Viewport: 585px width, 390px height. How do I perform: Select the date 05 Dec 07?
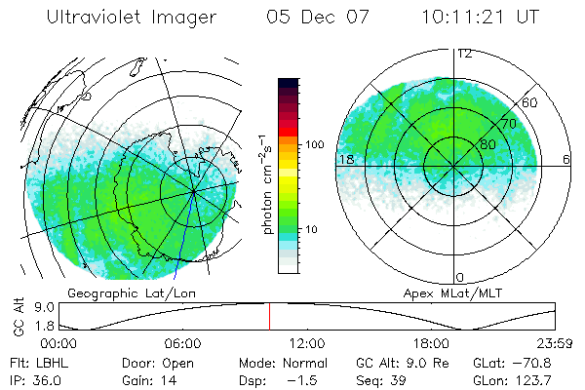click(x=311, y=19)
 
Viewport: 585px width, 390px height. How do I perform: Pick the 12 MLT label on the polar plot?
click(x=464, y=54)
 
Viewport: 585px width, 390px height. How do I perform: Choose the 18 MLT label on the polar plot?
click(x=345, y=159)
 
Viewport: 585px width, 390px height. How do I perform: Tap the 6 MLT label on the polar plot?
click(x=566, y=159)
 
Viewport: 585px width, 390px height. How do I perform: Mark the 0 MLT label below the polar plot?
click(x=460, y=277)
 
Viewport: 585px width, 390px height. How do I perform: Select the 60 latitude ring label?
click(x=529, y=102)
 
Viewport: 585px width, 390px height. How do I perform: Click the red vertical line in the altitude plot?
click(x=270, y=317)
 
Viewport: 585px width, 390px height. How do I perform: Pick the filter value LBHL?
click(x=44, y=362)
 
